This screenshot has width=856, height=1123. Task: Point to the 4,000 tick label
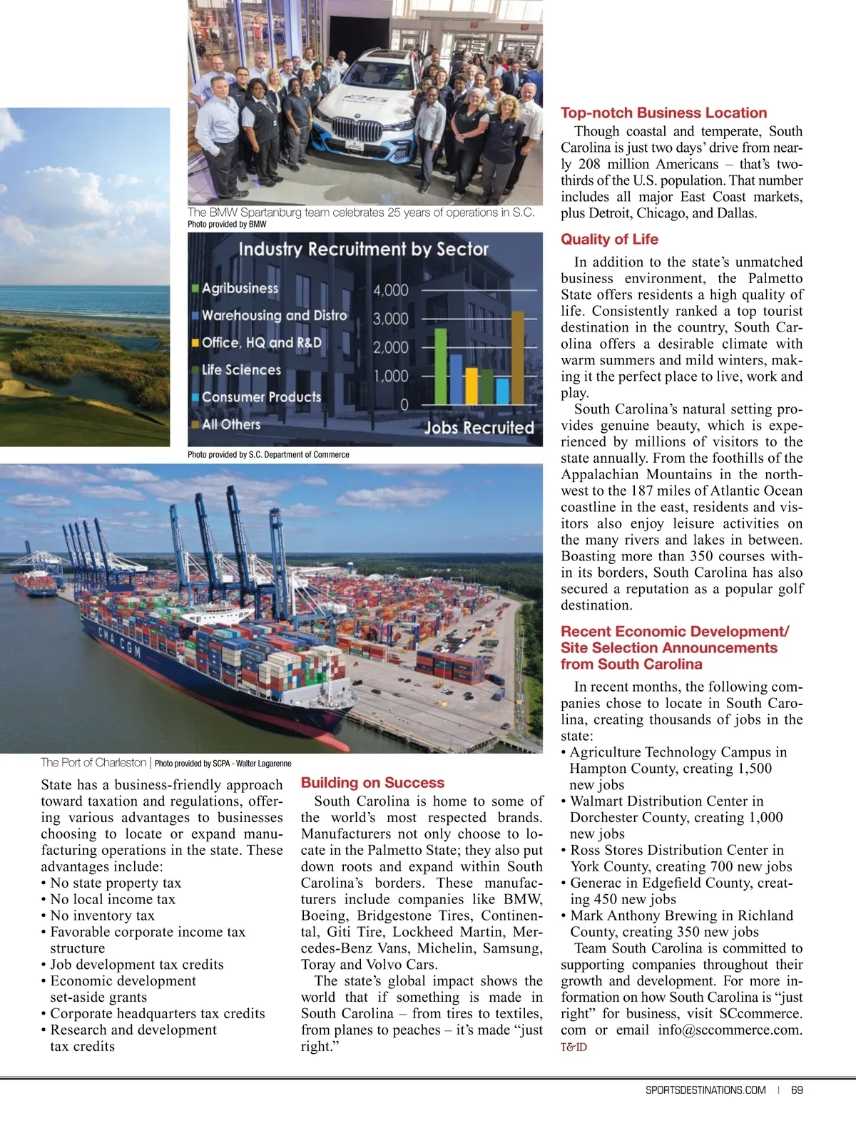coord(391,290)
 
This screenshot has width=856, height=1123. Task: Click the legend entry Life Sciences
coord(241,370)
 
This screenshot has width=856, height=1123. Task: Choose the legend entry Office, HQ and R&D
coord(261,343)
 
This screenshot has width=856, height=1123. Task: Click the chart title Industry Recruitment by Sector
coord(363,250)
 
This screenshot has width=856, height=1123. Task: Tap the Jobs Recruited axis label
coord(479,428)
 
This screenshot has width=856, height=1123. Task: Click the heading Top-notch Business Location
coord(663,113)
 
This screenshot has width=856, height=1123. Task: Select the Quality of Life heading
coord(609,240)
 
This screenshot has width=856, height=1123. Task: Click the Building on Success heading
coord(372,783)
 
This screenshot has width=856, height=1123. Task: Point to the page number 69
coord(797,1089)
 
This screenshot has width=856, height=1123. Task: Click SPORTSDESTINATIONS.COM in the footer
coord(705,1089)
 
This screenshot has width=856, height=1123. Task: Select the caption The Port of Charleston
coord(93,763)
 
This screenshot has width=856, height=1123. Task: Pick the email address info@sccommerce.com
coord(730,1030)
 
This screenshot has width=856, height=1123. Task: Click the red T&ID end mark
coord(574,1047)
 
